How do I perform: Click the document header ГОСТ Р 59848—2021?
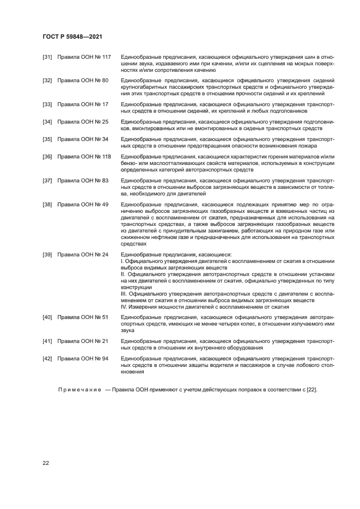(72, 36)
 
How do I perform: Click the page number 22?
(46, 463)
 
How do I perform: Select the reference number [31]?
(47, 57)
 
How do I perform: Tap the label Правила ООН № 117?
(84, 57)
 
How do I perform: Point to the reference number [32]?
(47, 81)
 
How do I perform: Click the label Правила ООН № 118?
(84, 156)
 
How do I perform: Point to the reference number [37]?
(47, 180)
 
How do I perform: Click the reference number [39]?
(47, 254)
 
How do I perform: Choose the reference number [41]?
(47, 341)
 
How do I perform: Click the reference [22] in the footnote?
(312, 390)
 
